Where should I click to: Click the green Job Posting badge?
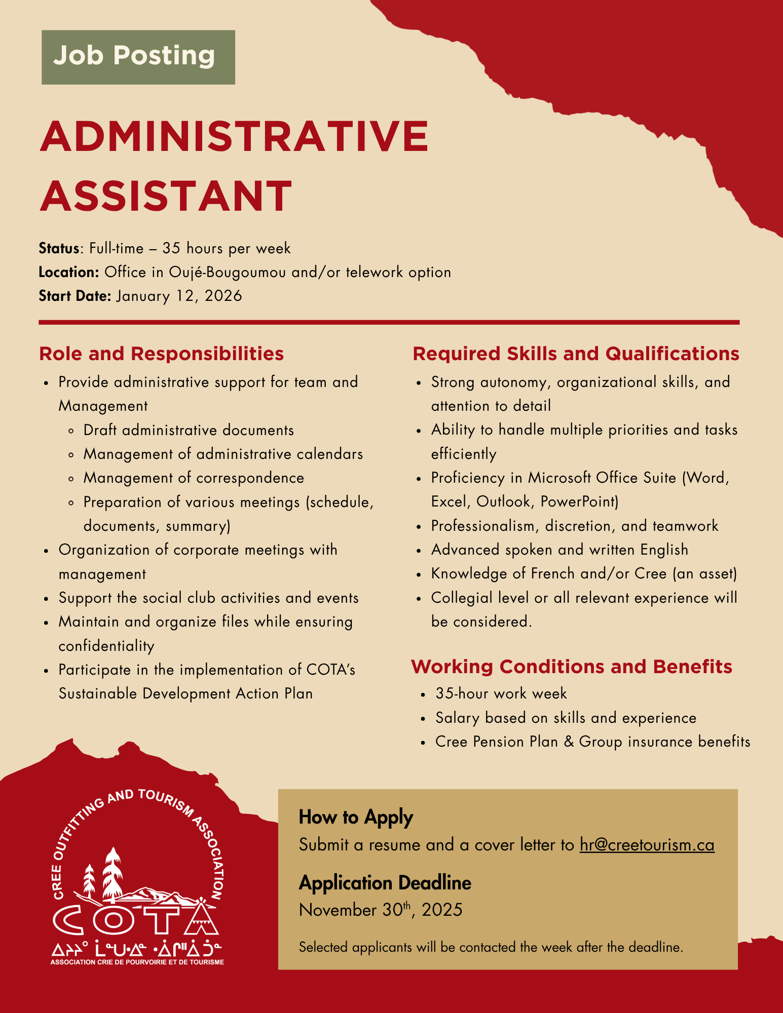[x=138, y=57]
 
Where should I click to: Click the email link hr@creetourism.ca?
[x=647, y=845]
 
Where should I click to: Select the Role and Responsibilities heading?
[x=161, y=354]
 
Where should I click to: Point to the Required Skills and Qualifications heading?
[x=576, y=354]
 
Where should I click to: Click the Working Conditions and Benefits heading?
[x=571, y=667]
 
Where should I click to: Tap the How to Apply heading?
[x=356, y=817]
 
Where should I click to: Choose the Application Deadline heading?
[x=385, y=883]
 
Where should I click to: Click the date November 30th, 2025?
[x=381, y=910]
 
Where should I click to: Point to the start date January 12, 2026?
[x=179, y=296]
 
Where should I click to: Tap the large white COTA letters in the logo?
[x=122, y=919]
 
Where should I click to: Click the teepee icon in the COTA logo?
[x=201, y=916]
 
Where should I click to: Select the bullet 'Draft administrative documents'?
[x=189, y=430]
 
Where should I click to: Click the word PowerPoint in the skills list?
[x=579, y=501]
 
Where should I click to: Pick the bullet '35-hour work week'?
[x=501, y=693]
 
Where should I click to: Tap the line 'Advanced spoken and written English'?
[x=560, y=550]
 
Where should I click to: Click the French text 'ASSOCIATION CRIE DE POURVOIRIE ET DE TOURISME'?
[x=137, y=962]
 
